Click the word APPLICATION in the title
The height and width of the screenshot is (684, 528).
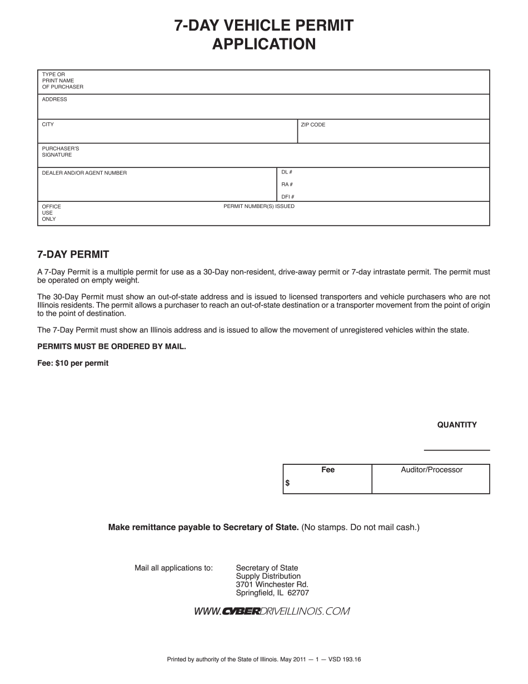(x=263, y=44)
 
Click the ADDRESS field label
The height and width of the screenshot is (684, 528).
(x=54, y=100)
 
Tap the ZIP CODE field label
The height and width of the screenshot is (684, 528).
(x=313, y=125)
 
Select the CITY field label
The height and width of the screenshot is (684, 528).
(x=48, y=125)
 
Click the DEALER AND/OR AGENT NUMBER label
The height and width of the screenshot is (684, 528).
(x=84, y=173)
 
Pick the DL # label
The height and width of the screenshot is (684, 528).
(x=287, y=172)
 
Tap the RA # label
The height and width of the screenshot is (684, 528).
(x=287, y=185)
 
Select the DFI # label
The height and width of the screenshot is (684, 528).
(x=287, y=197)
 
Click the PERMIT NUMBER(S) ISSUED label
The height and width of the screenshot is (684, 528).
(x=259, y=206)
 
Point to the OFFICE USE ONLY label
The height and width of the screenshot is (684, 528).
(x=51, y=212)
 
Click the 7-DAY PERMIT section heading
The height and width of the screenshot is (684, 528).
(x=73, y=255)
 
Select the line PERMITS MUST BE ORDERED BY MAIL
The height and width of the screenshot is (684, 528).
(x=111, y=346)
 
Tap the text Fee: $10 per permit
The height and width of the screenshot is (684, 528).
(x=73, y=363)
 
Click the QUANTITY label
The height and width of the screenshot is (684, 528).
(x=457, y=425)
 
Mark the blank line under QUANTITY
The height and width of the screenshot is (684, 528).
(x=457, y=449)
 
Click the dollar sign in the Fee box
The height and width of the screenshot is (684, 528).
(x=287, y=483)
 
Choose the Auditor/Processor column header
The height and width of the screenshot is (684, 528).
(x=431, y=470)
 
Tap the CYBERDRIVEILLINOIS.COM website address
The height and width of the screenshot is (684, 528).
(x=272, y=612)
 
